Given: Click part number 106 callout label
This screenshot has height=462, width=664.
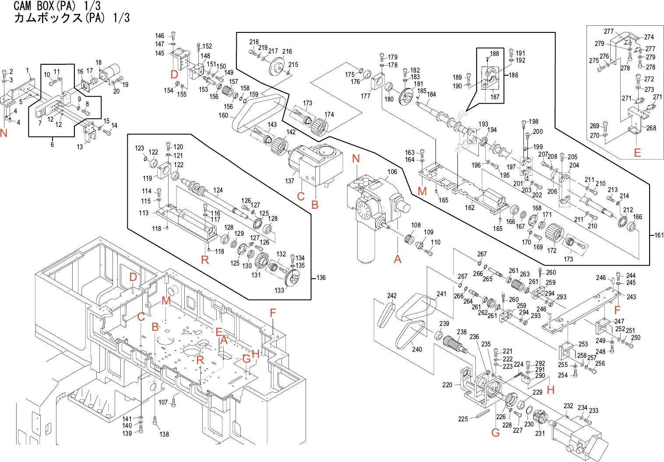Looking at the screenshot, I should tap(392, 172).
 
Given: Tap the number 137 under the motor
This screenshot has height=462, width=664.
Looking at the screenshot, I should tap(290, 181).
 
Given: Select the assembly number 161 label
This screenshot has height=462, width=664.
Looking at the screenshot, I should tap(659, 235).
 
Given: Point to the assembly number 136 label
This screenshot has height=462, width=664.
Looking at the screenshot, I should tap(321, 278).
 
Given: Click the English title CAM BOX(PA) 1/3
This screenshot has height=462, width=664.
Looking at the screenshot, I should tap(57, 6).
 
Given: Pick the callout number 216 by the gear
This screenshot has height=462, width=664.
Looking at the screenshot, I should tap(287, 52).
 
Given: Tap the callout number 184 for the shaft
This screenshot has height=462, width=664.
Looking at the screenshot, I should tap(432, 94).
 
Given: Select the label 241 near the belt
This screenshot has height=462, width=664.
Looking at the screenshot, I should tap(442, 294).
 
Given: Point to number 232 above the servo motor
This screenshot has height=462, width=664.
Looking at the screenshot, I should tap(568, 406).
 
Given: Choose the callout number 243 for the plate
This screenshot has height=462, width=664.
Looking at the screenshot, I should tap(631, 297).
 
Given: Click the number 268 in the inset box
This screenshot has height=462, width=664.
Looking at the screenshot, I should tap(651, 128).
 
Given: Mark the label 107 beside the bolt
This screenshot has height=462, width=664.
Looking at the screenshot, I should tap(163, 402).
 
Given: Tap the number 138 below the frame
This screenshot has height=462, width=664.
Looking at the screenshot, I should tap(164, 434).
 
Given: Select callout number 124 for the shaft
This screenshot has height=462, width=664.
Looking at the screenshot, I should tap(218, 190).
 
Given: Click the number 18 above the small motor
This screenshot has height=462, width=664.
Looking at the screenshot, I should tap(98, 63).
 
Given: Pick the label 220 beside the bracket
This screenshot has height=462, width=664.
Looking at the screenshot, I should tap(447, 385).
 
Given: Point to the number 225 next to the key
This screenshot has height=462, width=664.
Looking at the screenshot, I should tap(463, 419).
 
